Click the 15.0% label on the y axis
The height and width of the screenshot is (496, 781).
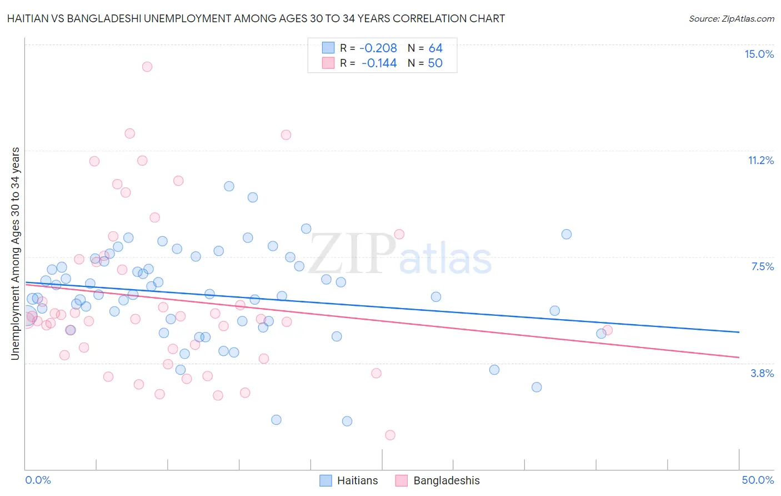[x=759, y=54]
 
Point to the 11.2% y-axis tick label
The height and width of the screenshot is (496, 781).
[x=760, y=160]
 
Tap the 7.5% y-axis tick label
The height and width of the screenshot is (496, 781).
[x=762, y=266]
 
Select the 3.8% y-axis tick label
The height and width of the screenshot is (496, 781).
[x=762, y=373]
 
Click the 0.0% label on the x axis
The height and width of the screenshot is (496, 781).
[x=38, y=480]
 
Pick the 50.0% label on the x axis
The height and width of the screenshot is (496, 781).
[x=758, y=480]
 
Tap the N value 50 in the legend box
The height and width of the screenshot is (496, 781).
[x=435, y=63]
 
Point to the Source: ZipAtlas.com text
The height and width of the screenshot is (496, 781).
[x=731, y=18]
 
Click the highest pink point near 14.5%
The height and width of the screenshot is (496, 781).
[x=147, y=67]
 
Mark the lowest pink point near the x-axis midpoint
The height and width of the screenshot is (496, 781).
[x=390, y=435]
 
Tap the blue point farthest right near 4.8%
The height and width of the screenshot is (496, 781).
[x=601, y=334]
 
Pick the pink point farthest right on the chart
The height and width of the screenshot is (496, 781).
[x=608, y=330]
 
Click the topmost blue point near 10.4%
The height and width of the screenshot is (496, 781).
[x=229, y=186]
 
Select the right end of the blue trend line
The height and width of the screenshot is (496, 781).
[x=739, y=332]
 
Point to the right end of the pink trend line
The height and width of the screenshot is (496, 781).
[x=739, y=357]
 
